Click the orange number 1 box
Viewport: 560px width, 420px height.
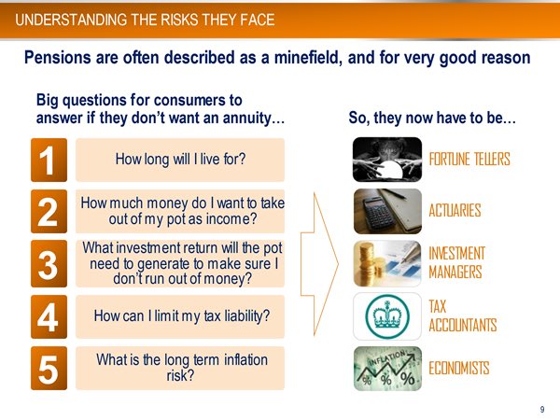point(49,160)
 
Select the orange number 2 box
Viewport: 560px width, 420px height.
point(49,212)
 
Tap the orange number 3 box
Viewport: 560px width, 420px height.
point(49,264)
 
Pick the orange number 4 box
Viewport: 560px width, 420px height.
point(49,316)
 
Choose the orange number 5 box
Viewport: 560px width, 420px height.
point(49,369)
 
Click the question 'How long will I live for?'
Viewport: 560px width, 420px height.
point(180,160)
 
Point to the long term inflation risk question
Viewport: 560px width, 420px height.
point(179,368)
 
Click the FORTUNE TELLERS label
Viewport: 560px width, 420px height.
point(469,160)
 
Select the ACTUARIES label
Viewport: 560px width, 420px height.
point(455,211)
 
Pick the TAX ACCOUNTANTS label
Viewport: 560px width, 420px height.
point(462,316)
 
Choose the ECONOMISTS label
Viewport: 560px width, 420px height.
point(458,369)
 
